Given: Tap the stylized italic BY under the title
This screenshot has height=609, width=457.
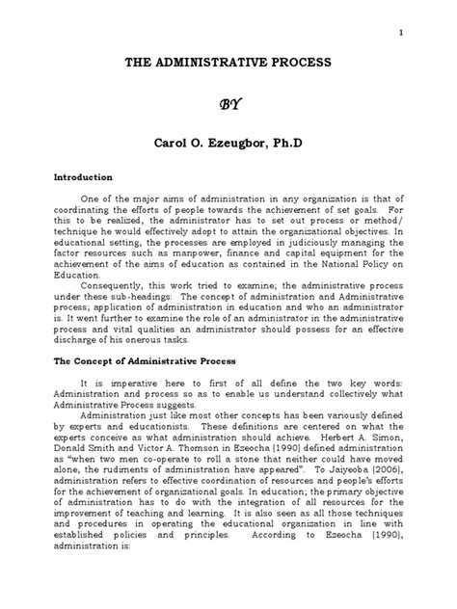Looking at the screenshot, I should (x=228, y=103).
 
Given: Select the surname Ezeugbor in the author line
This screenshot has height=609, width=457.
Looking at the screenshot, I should (x=238, y=143).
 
